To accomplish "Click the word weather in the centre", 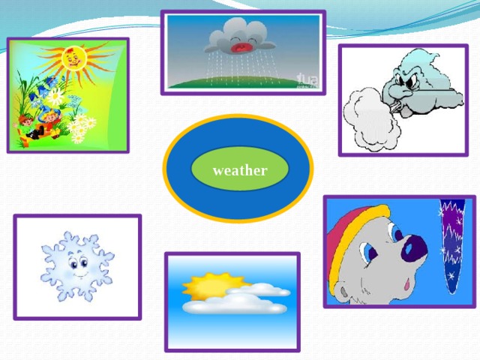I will [239, 170].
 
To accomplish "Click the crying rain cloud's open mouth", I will [242, 48].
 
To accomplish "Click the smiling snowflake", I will [76, 265].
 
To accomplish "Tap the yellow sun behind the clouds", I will [202, 286].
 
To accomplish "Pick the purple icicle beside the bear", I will [451, 240].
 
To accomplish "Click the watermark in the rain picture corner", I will [307, 79].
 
